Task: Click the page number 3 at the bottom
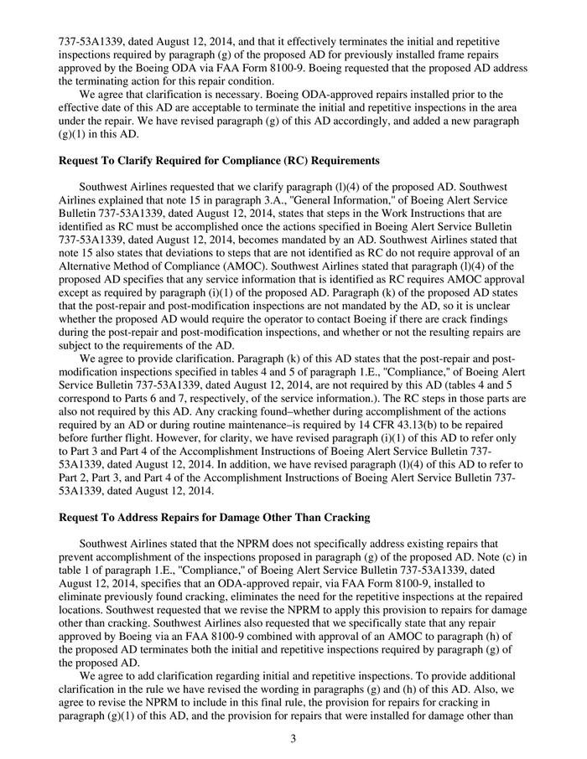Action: pos(293,739)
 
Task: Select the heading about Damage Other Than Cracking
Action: pos(214,518)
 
